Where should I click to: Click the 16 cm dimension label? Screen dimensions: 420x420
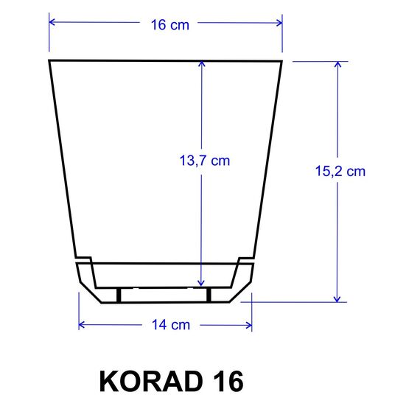pyautogui.click(x=170, y=24)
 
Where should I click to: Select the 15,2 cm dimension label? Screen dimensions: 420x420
pyautogui.click(x=340, y=171)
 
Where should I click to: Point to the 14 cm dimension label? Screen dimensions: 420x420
pyautogui.click(x=170, y=325)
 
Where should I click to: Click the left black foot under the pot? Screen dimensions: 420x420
pyautogui.click(x=118, y=295)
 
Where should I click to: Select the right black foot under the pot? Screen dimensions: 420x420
pyautogui.click(x=209, y=295)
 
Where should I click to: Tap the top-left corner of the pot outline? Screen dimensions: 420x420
pyautogui.click(x=49, y=60)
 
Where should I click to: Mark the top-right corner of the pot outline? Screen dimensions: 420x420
pyautogui.click(x=282, y=60)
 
